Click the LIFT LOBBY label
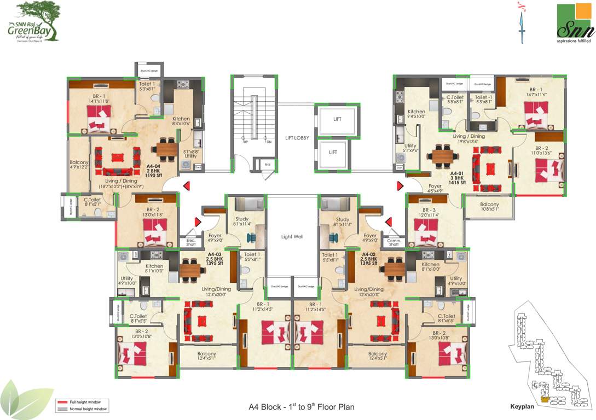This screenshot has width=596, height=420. pyautogui.click(x=297, y=138)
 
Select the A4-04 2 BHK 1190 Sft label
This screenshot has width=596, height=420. pyautogui.click(x=153, y=171)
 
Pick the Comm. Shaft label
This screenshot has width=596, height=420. pyautogui.click(x=394, y=243)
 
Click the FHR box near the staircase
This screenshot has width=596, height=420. pyautogui.click(x=268, y=165)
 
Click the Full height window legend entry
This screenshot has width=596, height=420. pyautogui.click(x=82, y=402)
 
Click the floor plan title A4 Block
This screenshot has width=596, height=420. pyautogui.click(x=302, y=407)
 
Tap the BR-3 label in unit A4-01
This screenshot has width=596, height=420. pyautogui.click(x=430, y=210)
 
